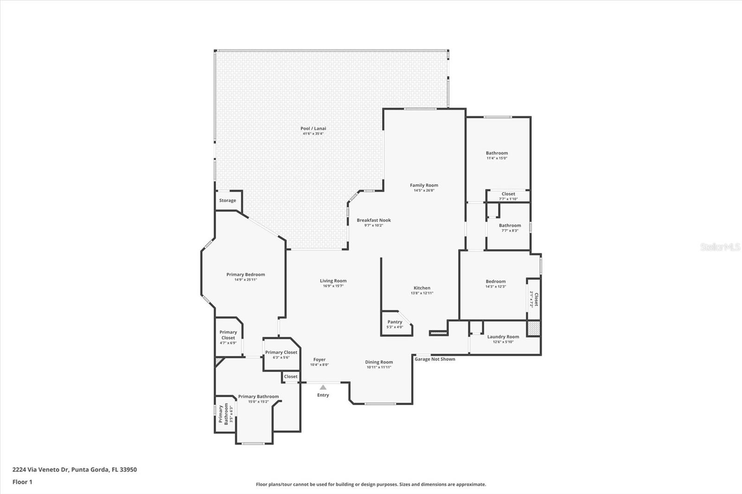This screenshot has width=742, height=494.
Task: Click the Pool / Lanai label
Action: click(x=313, y=128)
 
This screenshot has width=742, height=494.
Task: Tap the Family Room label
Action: click(x=424, y=185)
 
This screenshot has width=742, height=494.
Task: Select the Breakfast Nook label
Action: click(x=373, y=220)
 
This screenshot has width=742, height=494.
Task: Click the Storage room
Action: click(x=228, y=201)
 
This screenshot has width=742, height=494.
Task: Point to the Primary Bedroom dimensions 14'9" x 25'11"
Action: click(x=245, y=280)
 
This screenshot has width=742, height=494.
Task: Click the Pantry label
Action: click(x=395, y=322)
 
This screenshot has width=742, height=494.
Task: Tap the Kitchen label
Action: click(x=422, y=288)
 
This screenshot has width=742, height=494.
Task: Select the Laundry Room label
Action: click(x=503, y=337)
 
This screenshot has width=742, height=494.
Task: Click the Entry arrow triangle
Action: click(x=323, y=387)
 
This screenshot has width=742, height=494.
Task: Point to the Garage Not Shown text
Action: click(x=435, y=359)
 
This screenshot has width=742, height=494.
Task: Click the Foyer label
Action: click(x=319, y=360)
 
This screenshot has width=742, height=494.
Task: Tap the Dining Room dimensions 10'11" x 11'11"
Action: click(x=379, y=367)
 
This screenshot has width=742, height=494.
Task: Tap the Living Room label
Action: click(x=333, y=281)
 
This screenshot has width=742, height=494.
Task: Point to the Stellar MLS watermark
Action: click(x=720, y=247)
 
